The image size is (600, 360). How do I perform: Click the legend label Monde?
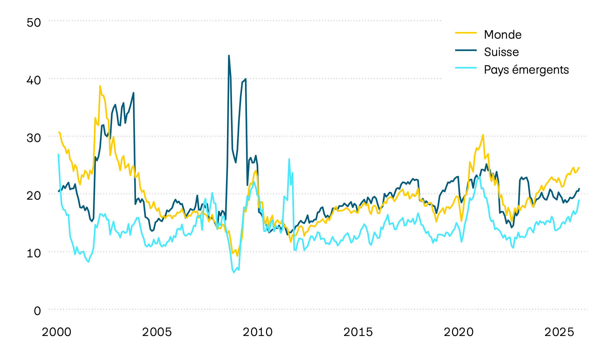click(x=502, y=35)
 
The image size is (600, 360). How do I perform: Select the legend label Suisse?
click(x=501, y=52)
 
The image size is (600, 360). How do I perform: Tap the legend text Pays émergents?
click(x=526, y=70)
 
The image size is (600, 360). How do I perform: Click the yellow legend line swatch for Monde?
click(x=466, y=33)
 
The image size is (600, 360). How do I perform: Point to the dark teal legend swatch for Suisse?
click(x=466, y=50)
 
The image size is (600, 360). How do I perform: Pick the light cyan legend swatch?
click(x=466, y=68)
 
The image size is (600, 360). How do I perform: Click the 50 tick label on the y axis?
click(x=33, y=23)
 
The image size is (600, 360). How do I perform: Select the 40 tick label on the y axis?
click(x=33, y=80)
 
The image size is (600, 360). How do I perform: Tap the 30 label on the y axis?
click(x=33, y=138)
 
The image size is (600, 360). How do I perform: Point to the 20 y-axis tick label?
click(x=33, y=196)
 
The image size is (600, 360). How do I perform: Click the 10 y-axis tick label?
click(x=33, y=253)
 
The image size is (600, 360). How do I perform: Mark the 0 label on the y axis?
click(x=37, y=311)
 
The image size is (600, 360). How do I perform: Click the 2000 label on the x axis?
click(x=57, y=332)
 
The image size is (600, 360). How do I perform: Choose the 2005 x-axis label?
click(x=157, y=332)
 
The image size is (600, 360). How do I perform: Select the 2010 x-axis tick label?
click(x=257, y=332)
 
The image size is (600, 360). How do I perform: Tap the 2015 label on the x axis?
click(x=358, y=332)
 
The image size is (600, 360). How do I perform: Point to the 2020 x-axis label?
click(x=458, y=332)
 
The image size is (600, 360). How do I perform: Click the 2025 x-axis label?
click(x=559, y=332)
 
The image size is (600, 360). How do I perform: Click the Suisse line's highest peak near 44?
click(x=229, y=56)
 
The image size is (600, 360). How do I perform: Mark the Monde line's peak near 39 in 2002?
click(x=100, y=86)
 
